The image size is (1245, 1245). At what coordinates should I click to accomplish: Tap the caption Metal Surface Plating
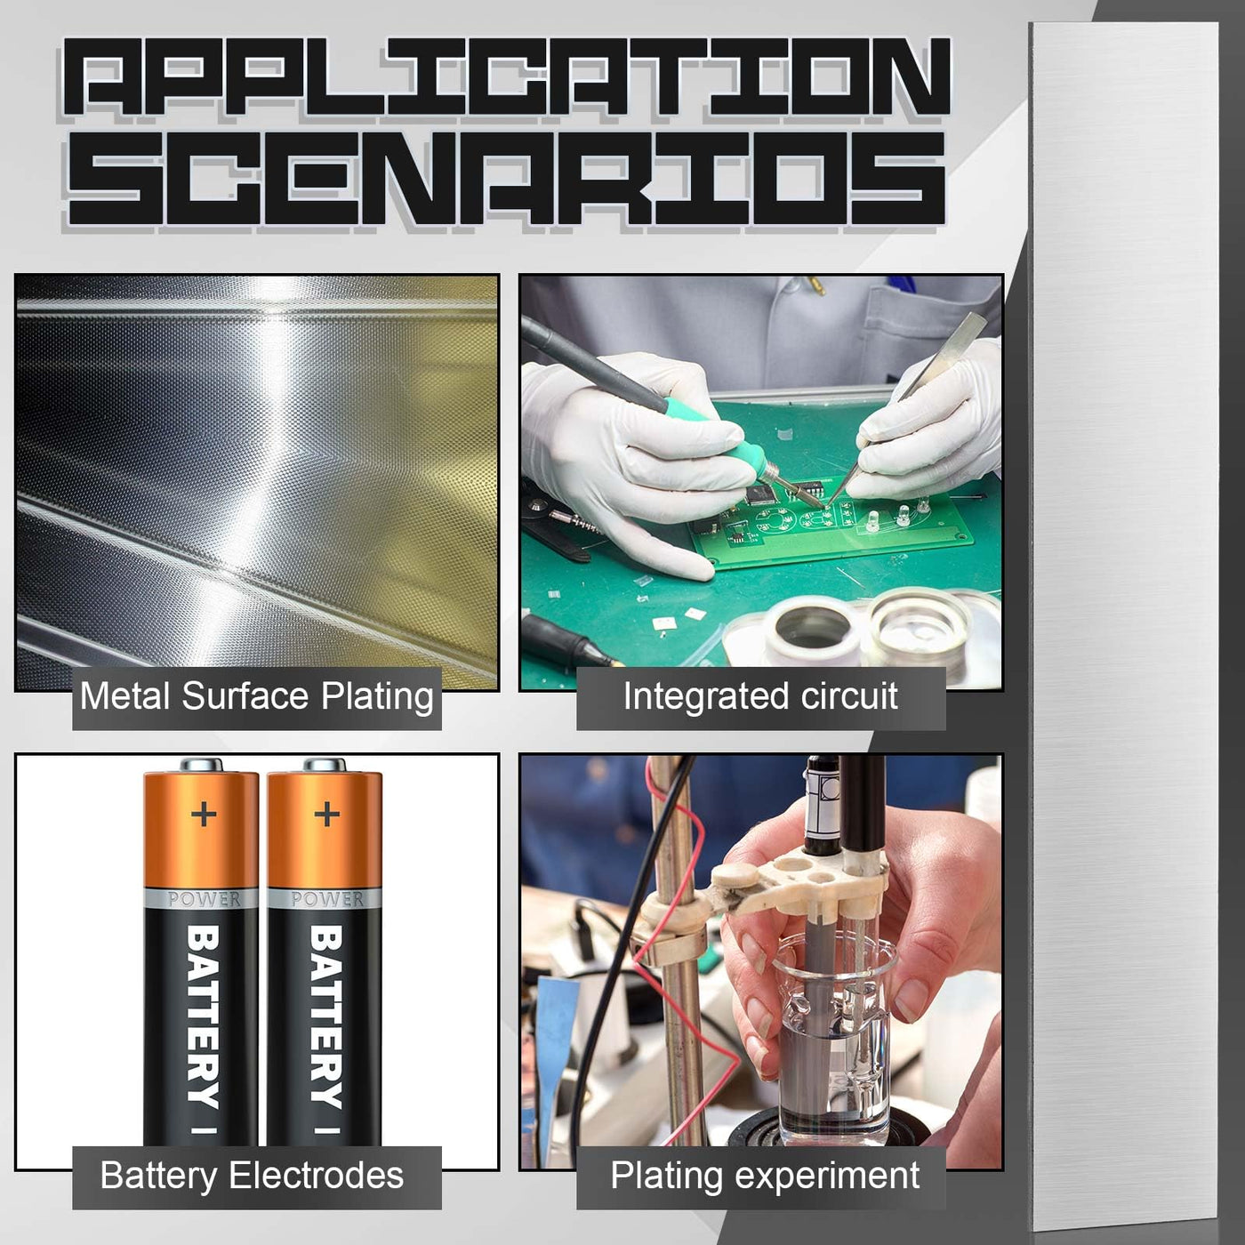256,698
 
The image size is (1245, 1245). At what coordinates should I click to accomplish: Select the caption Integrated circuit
760,697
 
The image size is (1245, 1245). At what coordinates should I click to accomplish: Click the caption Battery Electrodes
252,1176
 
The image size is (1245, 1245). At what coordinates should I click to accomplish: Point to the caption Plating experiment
765,1177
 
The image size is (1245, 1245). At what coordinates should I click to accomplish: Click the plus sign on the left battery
204,814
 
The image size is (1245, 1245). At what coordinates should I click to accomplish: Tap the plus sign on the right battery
326,814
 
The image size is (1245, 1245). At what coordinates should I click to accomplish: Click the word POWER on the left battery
203,899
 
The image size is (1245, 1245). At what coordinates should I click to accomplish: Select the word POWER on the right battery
327,899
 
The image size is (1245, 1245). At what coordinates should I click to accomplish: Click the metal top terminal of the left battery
201,765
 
